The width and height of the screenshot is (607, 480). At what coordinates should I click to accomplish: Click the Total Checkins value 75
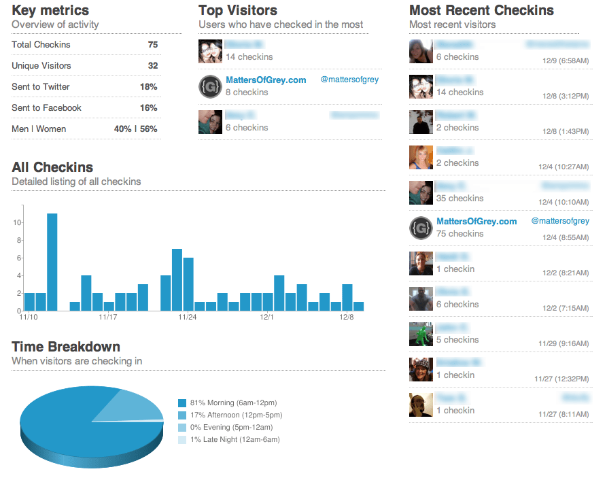click(152, 45)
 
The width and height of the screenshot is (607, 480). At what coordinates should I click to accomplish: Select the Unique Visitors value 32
click(152, 66)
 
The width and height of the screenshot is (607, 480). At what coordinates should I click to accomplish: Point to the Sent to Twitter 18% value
click(148, 87)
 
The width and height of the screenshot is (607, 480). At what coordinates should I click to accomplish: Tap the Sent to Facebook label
click(46, 108)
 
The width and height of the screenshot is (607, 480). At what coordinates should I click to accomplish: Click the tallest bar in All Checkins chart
click(52, 262)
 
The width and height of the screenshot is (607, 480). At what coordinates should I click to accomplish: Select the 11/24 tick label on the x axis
click(188, 318)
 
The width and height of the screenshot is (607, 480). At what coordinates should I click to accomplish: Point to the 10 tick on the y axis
click(18, 223)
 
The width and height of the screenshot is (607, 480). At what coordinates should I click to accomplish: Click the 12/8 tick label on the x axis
click(347, 318)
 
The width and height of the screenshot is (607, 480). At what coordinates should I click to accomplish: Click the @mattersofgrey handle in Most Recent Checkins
click(559, 221)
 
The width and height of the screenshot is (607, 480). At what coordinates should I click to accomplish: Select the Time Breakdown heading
click(66, 347)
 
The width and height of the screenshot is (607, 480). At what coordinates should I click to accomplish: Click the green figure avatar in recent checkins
click(421, 334)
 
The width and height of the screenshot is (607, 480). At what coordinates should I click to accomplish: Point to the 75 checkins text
click(460, 234)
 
